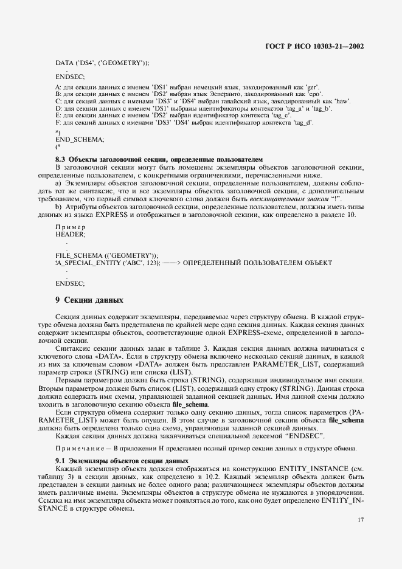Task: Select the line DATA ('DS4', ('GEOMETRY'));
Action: [102, 63]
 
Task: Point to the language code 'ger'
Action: [311, 88]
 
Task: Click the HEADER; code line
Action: [71, 233]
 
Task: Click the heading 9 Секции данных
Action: [89, 300]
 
